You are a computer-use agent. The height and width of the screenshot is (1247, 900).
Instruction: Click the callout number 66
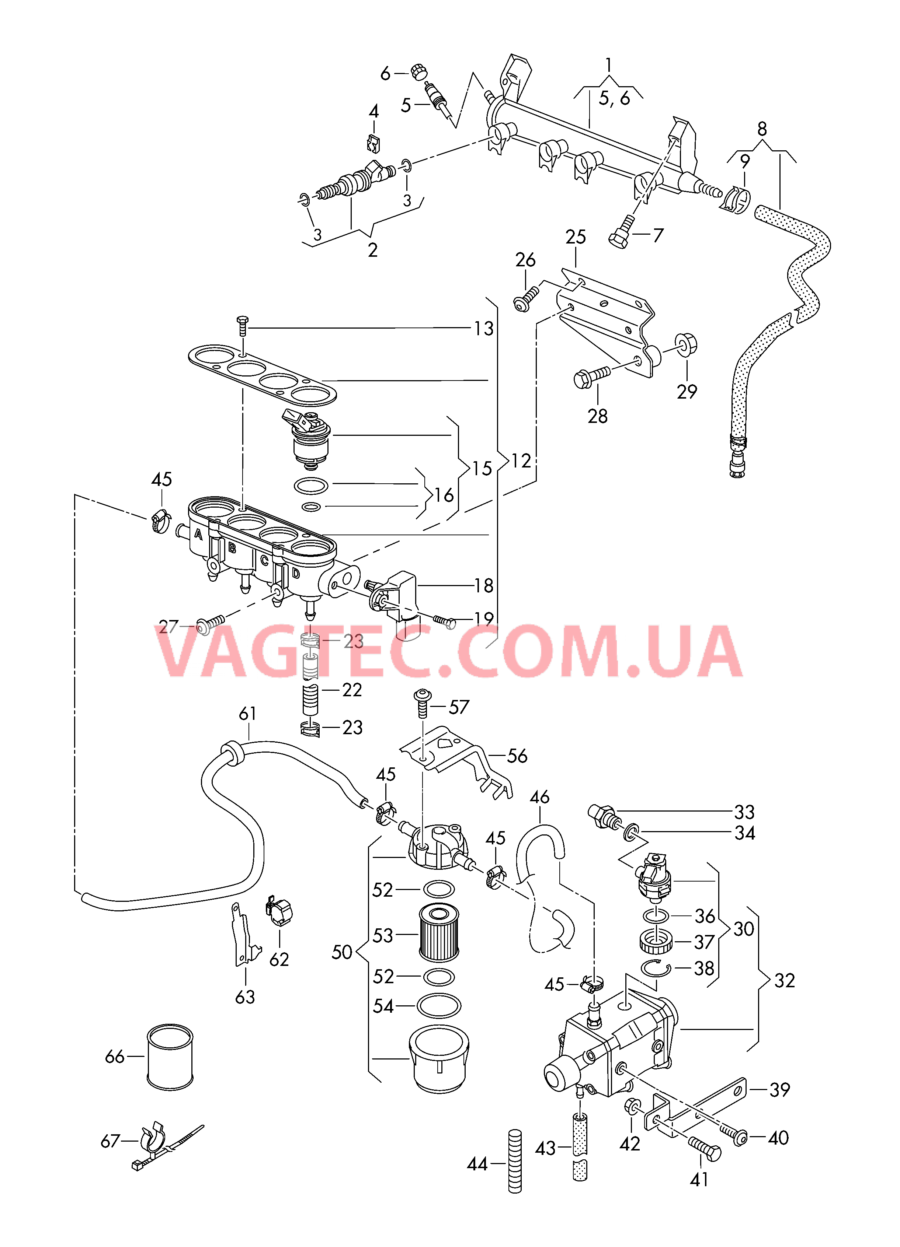[x=114, y=1057]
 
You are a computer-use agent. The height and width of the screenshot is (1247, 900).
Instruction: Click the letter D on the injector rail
[x=296, y=574]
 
